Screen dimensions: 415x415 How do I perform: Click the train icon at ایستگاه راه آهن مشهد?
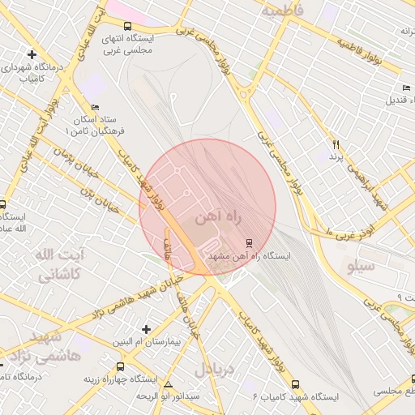coord(248,242)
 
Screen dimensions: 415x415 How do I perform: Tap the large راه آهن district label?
coord(216,218)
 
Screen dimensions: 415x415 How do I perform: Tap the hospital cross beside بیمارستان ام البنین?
coord(146,328)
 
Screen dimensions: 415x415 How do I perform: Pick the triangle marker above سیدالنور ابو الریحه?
coord(168,384)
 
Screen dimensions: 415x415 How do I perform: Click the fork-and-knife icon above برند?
coord(334,144)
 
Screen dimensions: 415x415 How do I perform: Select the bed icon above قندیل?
coord(406,88)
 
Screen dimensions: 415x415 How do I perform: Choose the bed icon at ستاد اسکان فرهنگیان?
coord(95,107)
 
